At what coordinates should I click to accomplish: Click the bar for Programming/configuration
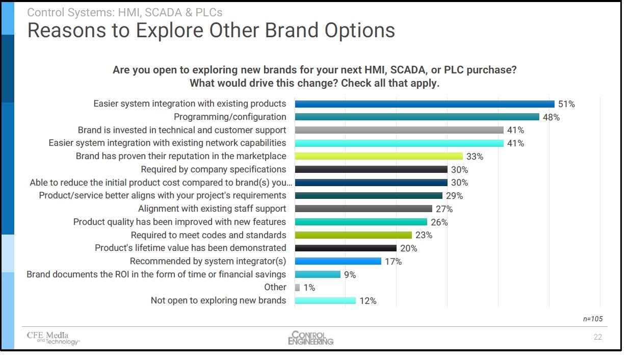click(417, 117)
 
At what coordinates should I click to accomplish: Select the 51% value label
click(566, 104)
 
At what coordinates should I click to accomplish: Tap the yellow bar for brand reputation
click(379, 156)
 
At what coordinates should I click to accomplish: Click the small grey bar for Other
click(297, 288)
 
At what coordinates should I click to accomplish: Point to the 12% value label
click(368, 301)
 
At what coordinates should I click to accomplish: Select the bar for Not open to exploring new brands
click(325, 301)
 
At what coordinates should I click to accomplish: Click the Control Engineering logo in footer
click(310, 338)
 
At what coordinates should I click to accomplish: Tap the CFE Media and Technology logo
click(53, 338)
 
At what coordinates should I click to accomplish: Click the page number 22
click(597, 337)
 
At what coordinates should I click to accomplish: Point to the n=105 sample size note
click(592, 319)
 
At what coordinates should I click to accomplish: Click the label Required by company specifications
click(214, 169)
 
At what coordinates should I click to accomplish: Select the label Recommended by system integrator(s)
click(208, 261)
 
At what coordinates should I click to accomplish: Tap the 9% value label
click(350, 274)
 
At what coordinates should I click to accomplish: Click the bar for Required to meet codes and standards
click(353, 235)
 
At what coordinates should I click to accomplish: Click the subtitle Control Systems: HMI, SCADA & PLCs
click(124, 12)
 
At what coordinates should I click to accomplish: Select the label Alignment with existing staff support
click(212, 209)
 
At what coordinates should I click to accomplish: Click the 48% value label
click(551, 117)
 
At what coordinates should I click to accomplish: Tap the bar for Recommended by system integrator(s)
click(338, 261)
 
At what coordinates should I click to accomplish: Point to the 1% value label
click(309, 288)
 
